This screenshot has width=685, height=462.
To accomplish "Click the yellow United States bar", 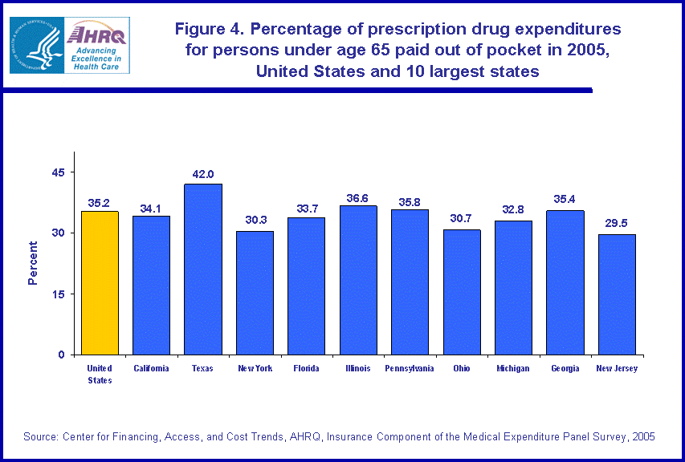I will click(x=100, y=282).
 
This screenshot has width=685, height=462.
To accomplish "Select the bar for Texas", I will click(x=202, y=269).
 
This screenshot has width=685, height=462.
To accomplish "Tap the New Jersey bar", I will click(x=617, y=294).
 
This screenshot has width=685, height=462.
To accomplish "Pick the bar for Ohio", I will click(x=462, y=292).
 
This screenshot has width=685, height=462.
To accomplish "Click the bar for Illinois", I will click(x=358, y=280).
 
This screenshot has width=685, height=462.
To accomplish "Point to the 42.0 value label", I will click(x=202, y=174).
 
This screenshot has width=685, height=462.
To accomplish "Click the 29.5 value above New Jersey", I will click(x=617, y=225).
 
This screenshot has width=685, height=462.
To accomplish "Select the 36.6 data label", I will click(x=358, y=196).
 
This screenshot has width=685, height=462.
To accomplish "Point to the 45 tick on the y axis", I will click(x=59, y=172).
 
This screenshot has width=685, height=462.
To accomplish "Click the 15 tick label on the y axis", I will click(x=59, y=294).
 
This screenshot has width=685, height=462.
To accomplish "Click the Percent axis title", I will click(x=33, y=263).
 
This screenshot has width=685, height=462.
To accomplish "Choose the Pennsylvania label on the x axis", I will click(x=410, y=369).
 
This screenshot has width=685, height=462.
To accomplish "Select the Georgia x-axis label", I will click(x=565, y=369).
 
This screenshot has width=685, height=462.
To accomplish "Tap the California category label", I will click(x=151, y=369).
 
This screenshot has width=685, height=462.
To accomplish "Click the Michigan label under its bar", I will click(x=513, y=369).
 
